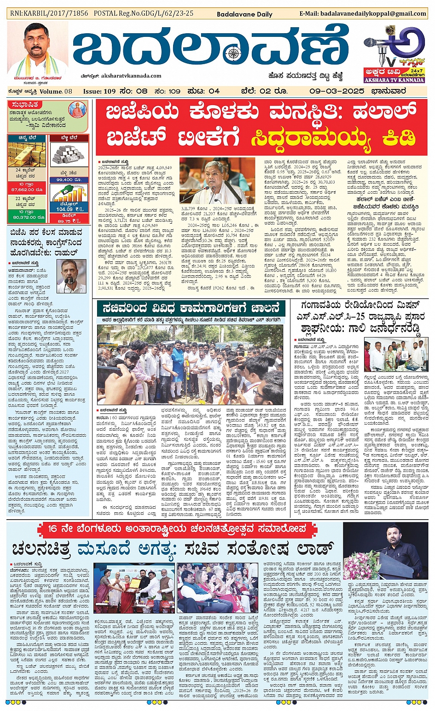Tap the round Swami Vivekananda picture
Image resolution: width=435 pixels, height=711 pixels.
tap(77, 110)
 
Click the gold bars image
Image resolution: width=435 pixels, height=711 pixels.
tap(27, 154)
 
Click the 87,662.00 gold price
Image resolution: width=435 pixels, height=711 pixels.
tap(27, 190)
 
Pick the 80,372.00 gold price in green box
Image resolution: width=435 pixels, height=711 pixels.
tap(27, 217)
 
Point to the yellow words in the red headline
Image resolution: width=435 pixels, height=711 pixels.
tap(333, 138)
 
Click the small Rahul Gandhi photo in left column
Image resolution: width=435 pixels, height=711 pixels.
tap(71, 276)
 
